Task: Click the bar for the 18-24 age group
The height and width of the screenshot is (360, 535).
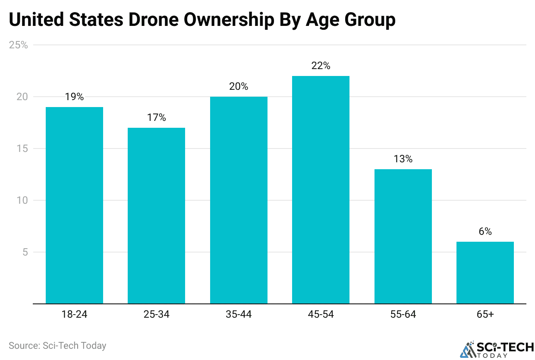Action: point(74,205)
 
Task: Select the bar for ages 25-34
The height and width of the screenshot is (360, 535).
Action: point(156,215)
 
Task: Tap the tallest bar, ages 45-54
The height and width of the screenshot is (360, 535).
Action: point(321,189)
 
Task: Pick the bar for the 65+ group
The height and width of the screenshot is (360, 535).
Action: point(485,272)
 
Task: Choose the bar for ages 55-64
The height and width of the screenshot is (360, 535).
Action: point(403,236)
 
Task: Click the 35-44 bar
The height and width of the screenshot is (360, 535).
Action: point(239,200)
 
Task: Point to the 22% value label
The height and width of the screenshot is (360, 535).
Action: point(321,66)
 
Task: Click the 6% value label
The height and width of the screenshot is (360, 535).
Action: point(485,231)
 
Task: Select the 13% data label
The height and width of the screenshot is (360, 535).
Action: point(403,159)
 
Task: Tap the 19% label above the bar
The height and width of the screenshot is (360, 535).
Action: point(74,97)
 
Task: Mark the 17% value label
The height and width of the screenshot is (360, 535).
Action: point(156,117)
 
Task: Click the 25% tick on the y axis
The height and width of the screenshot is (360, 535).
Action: point(19,45)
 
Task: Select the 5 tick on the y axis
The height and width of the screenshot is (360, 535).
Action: point(25,252)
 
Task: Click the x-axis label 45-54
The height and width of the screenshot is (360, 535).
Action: point(321,314)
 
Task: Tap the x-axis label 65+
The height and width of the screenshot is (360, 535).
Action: point(485,314)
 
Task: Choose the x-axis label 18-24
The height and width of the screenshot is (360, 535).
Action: point(74,314)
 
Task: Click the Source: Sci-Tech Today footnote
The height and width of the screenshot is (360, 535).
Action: point(57,345)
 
